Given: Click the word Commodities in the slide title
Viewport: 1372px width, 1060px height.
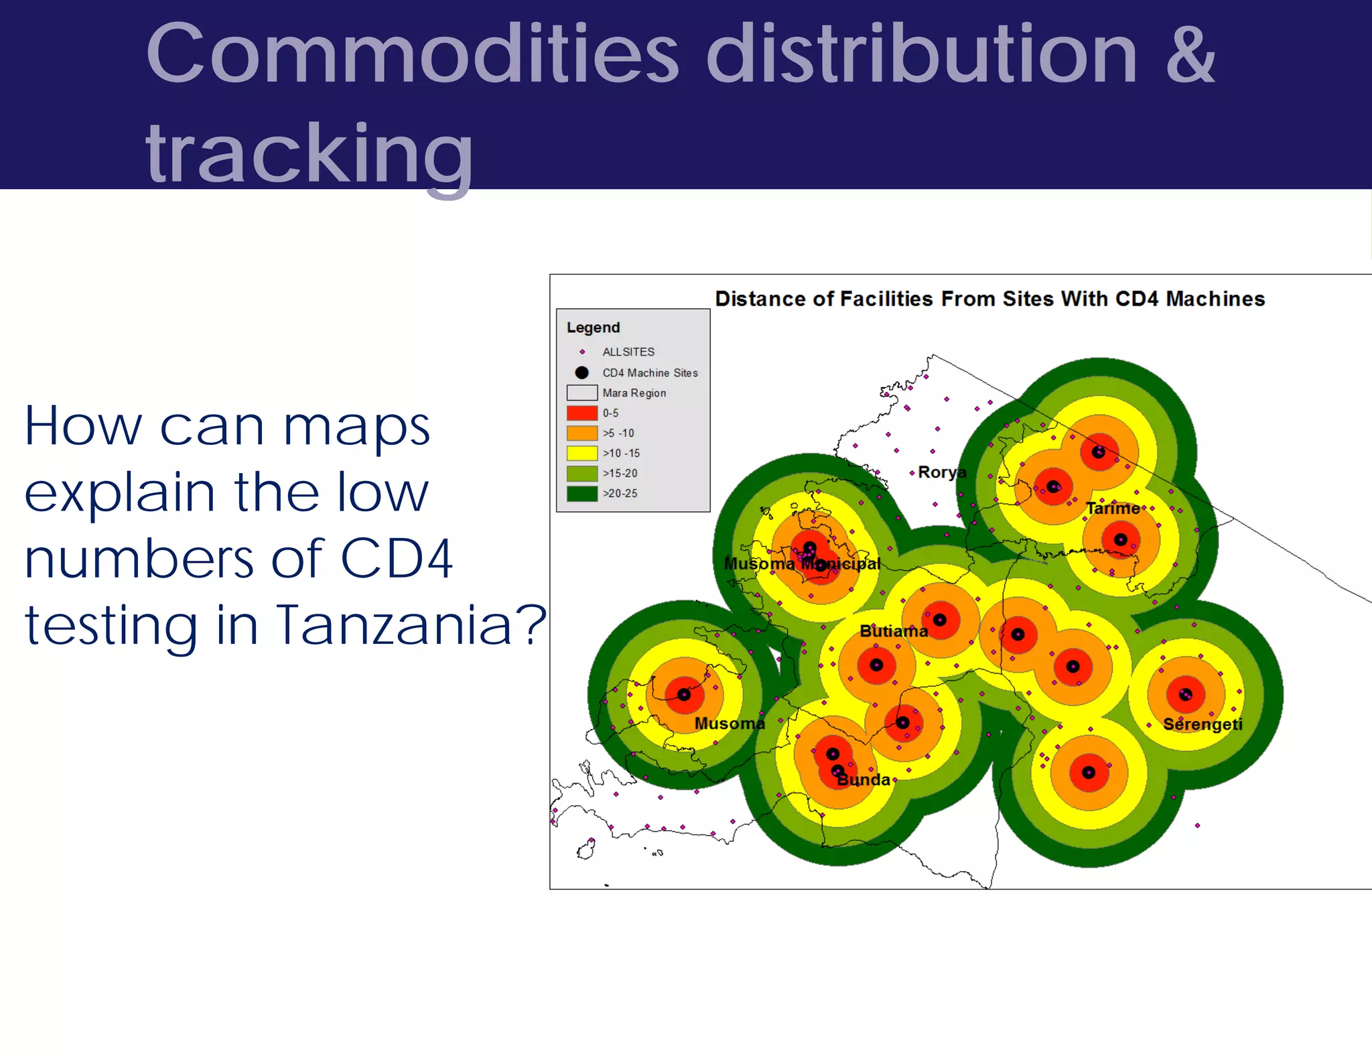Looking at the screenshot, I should pyautogui.click(x=412, y=55).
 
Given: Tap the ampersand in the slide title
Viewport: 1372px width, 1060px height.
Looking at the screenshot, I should pyautogui.click(x=1190, y=55).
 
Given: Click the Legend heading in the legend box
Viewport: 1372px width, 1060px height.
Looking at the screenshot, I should pyautogui.click(x=593, y=328).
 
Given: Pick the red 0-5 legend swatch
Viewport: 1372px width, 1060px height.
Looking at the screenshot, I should pyautogui.click(x=581, y=413).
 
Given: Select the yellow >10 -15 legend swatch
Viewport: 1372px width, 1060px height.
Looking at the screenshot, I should pyautogui.click(x=581, y=453).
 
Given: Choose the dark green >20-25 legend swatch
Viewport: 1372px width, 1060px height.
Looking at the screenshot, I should pyautogui.click(x=581, y=493).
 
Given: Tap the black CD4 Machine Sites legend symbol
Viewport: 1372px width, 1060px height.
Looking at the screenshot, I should pyautogui.click(x=581, y=373).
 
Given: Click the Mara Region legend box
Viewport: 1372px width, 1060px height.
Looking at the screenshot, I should pyautogui.click(x=581, y=393).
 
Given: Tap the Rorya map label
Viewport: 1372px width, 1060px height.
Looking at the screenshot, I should pyautogui.click(x=941, y=472).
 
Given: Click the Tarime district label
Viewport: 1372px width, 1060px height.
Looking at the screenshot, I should pyautogui.click(x=1112, y=509).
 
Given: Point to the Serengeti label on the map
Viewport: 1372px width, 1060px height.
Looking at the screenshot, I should pyautogui.click(x=1203, y=724).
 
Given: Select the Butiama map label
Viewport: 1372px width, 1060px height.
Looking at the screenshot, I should pyautogui.click(x=893, y=631).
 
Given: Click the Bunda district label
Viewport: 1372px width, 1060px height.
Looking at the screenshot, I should pyautogui.click(x=864, y=780).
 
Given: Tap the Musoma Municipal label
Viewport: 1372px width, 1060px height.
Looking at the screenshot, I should pyautogui.click(x=802, y=564).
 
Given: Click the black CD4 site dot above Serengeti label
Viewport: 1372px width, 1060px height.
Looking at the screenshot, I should pyautogui.click(x=1185, y=694).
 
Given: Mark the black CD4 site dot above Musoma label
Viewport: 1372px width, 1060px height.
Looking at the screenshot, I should pyautogui.click(x=683, y=694).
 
